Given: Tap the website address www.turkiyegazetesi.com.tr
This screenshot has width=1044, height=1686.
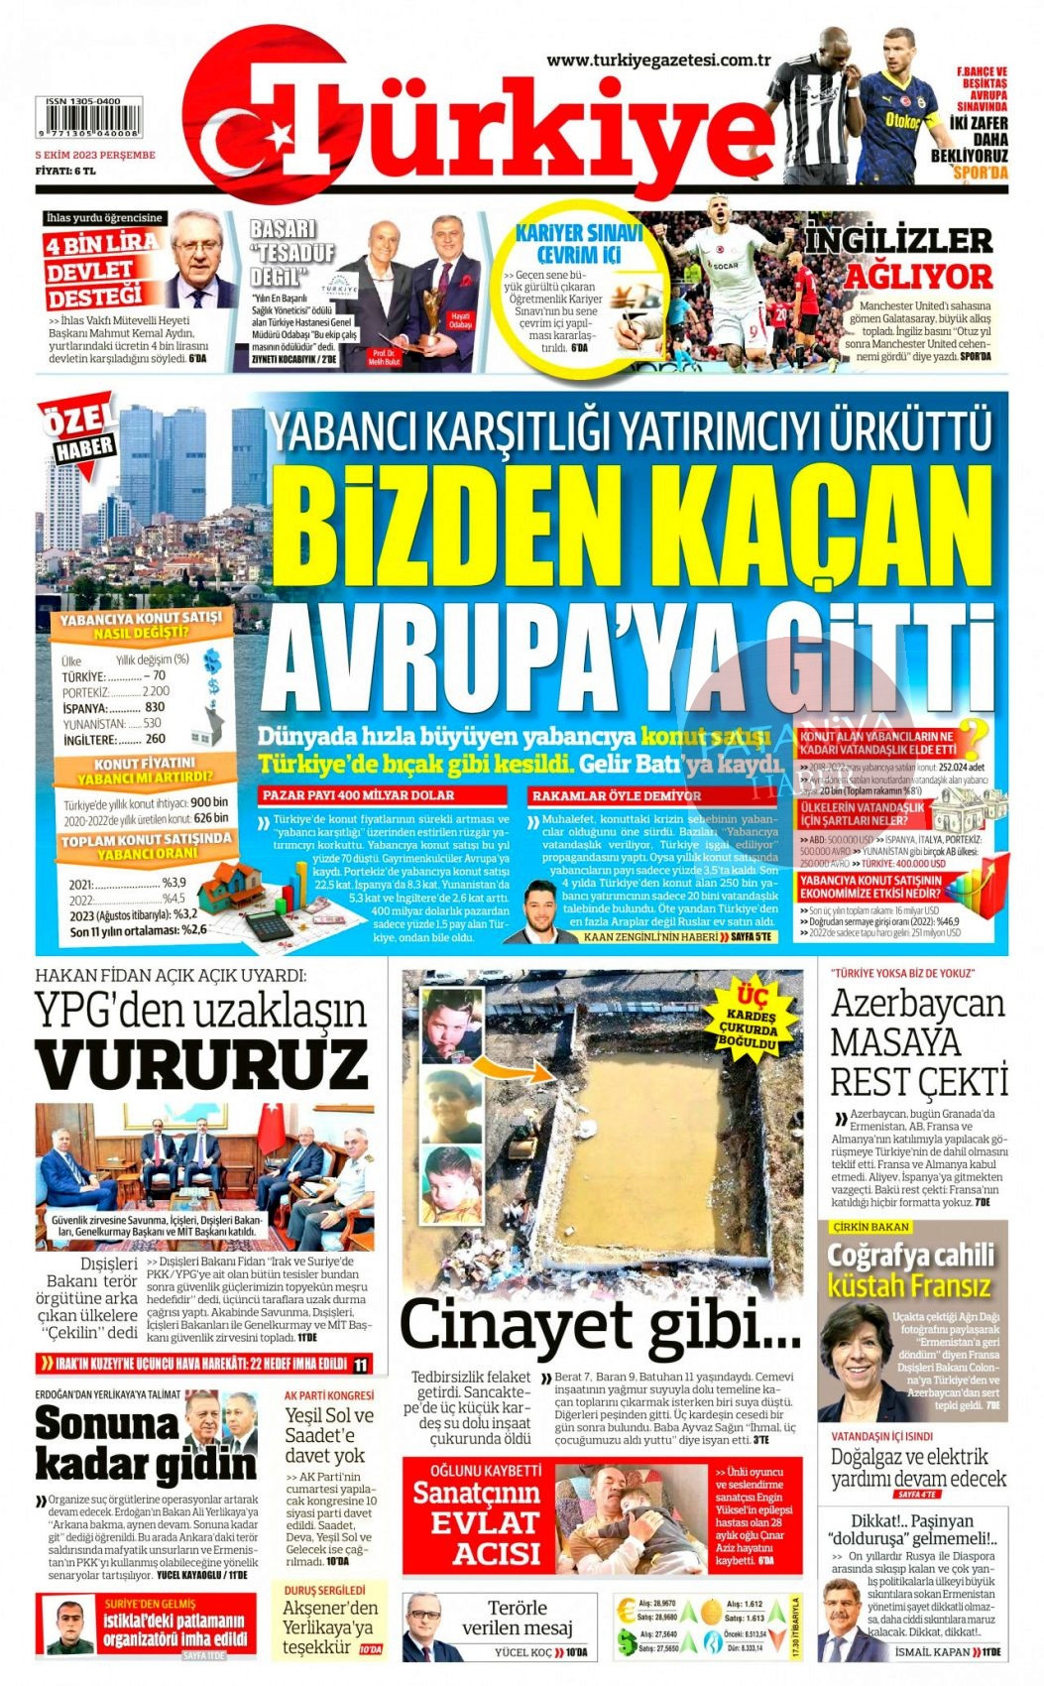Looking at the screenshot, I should [658, 60].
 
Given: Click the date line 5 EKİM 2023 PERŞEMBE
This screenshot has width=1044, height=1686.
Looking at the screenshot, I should [95, 155].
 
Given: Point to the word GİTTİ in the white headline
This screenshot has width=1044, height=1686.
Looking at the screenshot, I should [877, 654].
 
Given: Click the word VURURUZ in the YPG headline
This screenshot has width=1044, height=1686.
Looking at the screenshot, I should [202, 1066].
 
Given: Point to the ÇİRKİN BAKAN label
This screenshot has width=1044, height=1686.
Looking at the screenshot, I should [870, 1227].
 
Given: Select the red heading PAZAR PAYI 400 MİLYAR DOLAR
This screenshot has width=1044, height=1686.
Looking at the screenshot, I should [358, 795].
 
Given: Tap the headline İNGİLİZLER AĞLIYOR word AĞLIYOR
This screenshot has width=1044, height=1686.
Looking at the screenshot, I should [918, 277].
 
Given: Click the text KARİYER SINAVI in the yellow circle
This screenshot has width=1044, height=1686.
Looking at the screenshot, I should [579, 234].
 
